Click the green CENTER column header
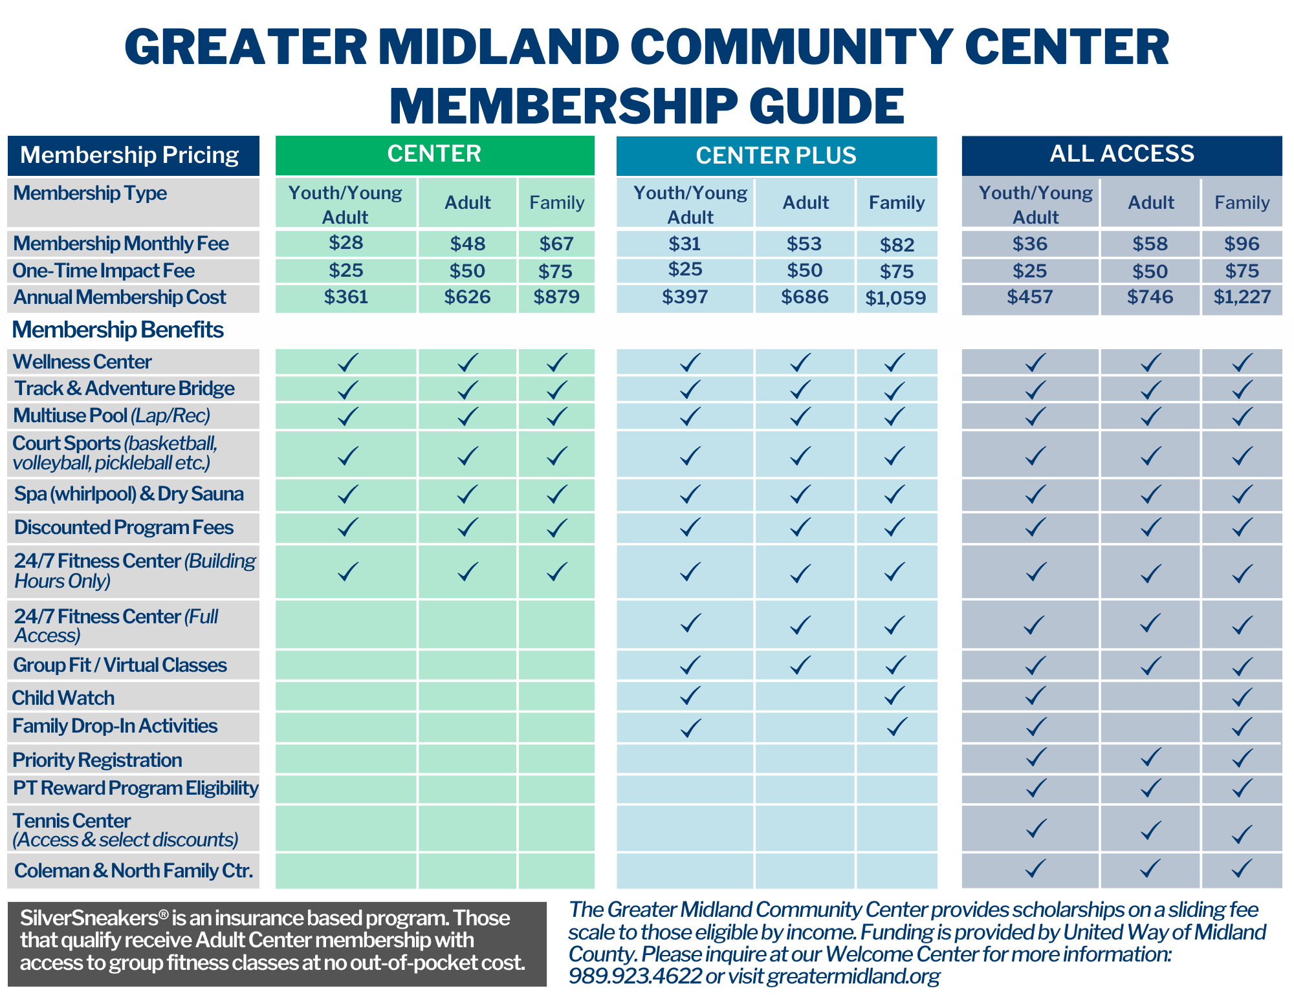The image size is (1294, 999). point(434,155)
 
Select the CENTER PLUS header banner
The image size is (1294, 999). point(776,156)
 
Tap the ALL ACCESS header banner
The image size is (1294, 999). point(1121,155)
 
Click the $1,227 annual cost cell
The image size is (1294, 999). point(1242,297)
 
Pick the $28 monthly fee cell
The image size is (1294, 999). point(345,243)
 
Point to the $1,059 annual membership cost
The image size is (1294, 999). point(895,298)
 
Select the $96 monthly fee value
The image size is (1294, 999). point(1242,244)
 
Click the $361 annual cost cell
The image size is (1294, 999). point(345,297)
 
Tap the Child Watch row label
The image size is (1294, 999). point(63,698)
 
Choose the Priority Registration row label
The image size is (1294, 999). point(97,760)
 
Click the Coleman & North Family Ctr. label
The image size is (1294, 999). point(133,870)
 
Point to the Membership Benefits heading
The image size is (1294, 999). point(118,330)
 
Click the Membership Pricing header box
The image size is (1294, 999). point(133,155)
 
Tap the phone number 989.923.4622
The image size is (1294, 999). point(635,975)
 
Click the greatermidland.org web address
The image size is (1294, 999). point(853,975)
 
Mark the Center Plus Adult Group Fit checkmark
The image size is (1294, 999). point(801,665)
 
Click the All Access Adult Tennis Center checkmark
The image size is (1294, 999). point(1150,829)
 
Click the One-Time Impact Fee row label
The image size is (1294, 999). point(104,270)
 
